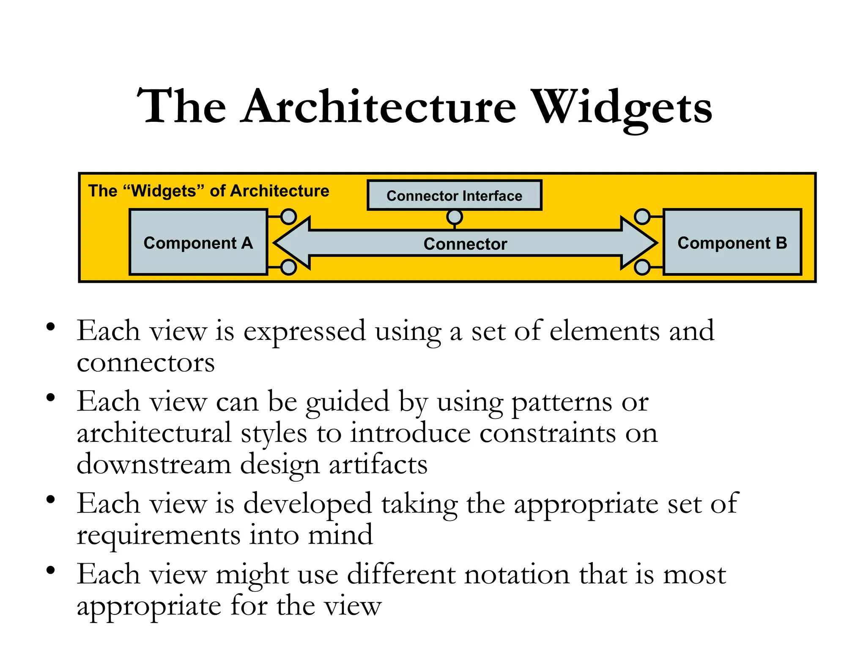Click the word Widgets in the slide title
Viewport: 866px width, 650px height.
622,108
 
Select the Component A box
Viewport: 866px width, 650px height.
198,242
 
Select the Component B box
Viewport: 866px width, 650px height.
732,242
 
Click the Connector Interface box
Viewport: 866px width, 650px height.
454,196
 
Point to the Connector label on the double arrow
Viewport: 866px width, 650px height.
465,244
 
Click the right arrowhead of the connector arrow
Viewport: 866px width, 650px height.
639,243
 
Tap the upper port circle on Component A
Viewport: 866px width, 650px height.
288,217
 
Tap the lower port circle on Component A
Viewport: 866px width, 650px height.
288,267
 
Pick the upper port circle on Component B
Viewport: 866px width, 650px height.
642,217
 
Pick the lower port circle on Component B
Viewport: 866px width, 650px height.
642,267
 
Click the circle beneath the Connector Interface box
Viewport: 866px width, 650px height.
455,217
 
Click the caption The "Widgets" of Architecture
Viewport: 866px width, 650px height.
208,191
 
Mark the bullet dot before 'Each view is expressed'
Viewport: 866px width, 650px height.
51,327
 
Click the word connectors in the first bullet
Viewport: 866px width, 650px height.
145,363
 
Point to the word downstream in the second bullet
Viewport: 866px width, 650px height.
153,464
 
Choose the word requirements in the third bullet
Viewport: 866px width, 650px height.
158,535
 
